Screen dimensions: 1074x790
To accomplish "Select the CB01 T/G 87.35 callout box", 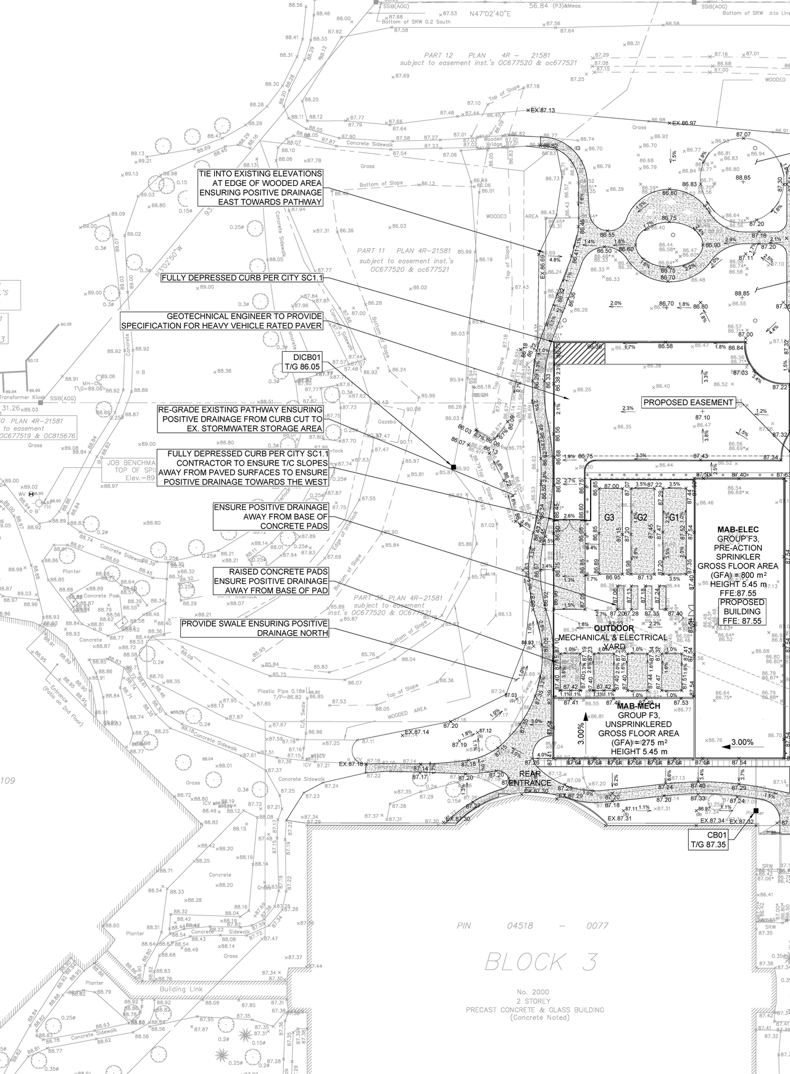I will point(709,840).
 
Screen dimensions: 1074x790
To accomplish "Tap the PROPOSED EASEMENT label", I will point(689,402).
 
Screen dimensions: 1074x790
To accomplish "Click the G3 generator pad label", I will point(609,517).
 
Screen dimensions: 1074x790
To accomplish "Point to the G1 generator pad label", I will point(674,517).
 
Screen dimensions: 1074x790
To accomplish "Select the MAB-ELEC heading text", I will point(734,530).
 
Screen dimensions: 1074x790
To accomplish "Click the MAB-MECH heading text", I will point(638,706).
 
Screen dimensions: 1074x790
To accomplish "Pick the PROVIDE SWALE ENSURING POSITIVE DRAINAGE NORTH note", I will point(254,628).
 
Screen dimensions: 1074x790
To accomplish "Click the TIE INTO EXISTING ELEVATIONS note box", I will point(260,188).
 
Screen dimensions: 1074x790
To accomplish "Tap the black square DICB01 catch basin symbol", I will point(453,467).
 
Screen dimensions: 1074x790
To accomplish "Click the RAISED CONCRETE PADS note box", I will point(270,581).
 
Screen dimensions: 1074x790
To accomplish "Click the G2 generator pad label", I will point(641,517).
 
